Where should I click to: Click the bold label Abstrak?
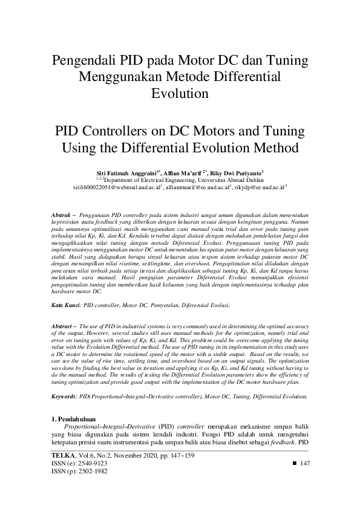pyautogui.click(x=59, y=215)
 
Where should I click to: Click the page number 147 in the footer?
pyautogui.click(x=305, y=463)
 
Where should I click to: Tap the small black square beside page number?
pyautogui.click(x=295, y=463)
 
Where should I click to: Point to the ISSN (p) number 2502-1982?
pyautogui.click(x=88, y=471)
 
